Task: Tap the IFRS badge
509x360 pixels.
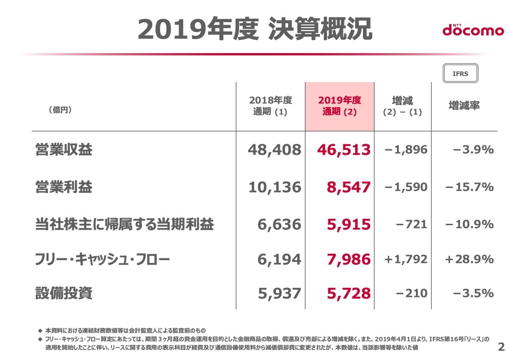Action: [460, 74]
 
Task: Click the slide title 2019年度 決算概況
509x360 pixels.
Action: [255, 29]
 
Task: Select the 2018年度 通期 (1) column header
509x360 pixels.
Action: [270, 106]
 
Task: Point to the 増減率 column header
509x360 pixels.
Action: [464, 106]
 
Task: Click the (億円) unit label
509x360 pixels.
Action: [60, 110]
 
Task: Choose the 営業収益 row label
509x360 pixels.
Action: [64, 150]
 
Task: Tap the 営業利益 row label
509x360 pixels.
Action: [64, 187]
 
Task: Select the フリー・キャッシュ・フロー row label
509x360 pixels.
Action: [103, 260]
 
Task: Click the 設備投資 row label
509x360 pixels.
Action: [64, 293]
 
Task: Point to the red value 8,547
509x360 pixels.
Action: [349, 187]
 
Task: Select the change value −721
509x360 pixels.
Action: [411, 224]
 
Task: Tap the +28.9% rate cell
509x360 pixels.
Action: [470, 259]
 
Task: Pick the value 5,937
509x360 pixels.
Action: [279, 294]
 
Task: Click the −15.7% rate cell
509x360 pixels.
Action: [470, 187]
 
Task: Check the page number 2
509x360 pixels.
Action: [501, 347]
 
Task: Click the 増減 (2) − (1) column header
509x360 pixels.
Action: [402, 106]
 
